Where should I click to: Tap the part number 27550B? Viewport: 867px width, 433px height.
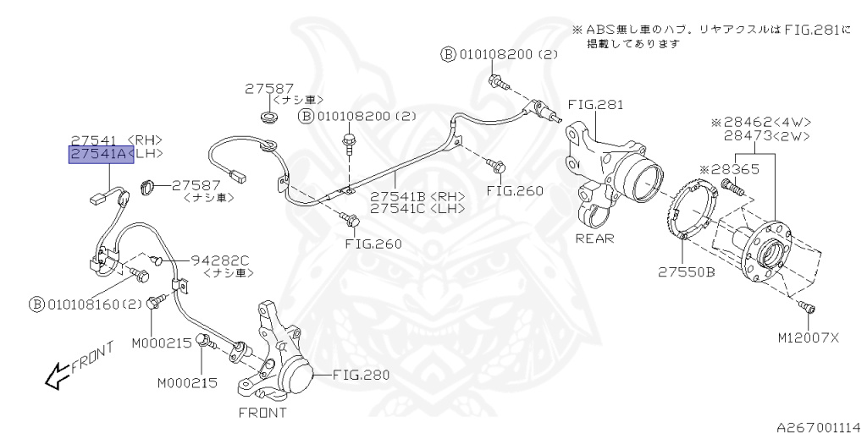[687, 272]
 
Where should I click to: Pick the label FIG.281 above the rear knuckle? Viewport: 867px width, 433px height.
[595, 106]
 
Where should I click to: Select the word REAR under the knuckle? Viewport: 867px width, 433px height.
[594, 238]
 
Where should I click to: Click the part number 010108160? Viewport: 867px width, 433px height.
[82, 304]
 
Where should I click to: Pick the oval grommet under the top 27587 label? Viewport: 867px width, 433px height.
[269, 115]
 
